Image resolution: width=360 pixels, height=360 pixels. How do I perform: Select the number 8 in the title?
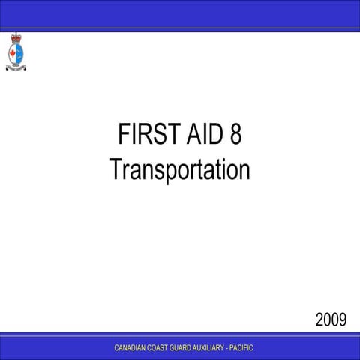(235, 136)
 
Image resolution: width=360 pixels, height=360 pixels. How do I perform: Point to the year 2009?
(330, 321)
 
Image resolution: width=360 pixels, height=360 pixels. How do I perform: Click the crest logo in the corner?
(16, 52)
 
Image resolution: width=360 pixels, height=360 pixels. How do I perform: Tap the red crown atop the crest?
(16, 37)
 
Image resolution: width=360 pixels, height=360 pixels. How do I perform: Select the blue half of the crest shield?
(19, 52)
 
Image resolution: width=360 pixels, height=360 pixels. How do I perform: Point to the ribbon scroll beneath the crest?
(16, 66)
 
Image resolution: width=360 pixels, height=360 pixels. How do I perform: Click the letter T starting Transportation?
(114, 169)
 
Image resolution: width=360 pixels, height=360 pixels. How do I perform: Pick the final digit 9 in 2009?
(342, 321)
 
